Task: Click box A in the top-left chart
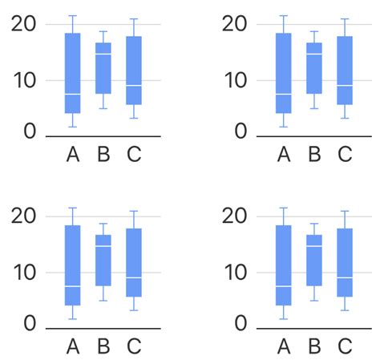coord(72,73)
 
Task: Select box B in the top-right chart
coord(313,68)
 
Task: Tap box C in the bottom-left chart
coord(134,262)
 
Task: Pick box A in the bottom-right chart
coord(283,265)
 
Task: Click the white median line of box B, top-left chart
coord(103,54)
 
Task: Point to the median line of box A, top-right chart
coord(283,94)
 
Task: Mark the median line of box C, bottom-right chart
coord(344,277)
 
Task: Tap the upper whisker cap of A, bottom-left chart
coord(72,208)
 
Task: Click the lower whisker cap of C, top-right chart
coord(344,119)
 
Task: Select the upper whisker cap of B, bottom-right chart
coord(313,224)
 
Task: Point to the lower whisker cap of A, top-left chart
coord(72,127)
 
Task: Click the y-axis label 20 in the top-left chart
coord(25,23)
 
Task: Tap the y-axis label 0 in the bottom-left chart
coord(30,324)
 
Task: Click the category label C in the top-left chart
coord(134,154)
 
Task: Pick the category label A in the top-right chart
coord(283,154)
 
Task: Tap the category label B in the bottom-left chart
coord(103,346)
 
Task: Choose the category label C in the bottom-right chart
coord(344,346)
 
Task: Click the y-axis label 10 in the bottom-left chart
coord(25,273)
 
